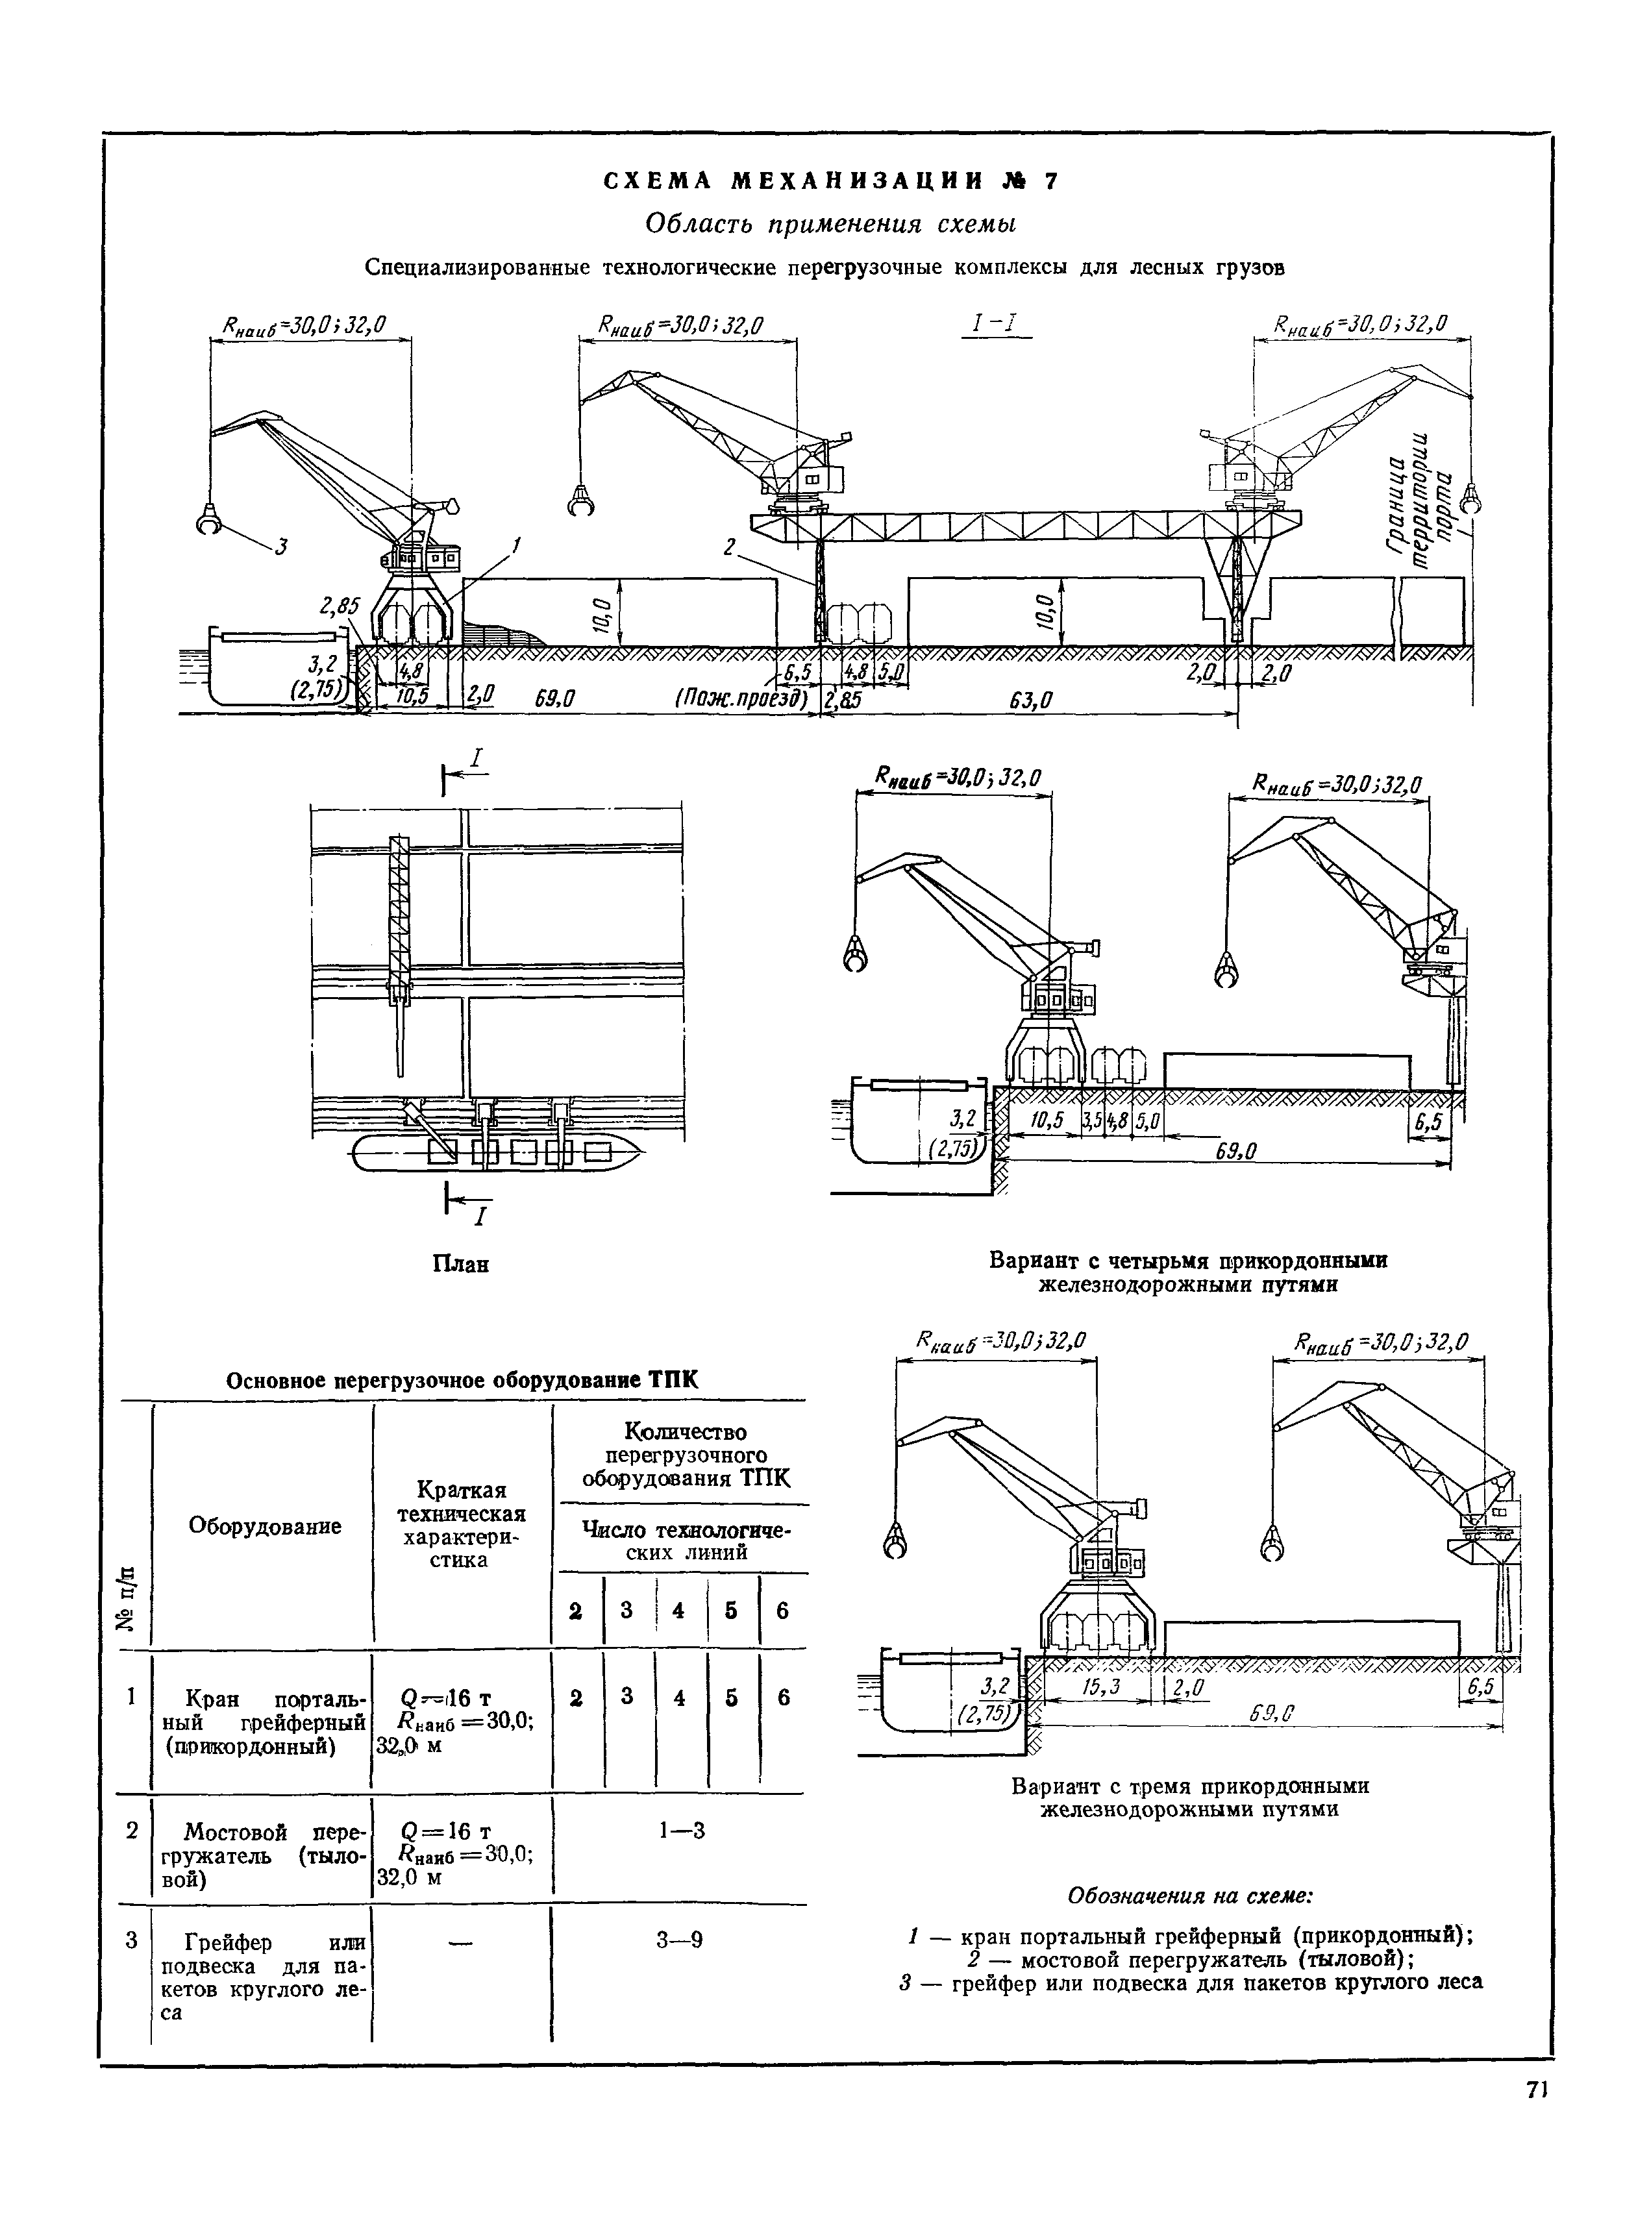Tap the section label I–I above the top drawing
point(996,325)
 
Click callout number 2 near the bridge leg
point(730,547)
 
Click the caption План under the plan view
point(460,1265)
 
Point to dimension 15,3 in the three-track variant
point(1101,1687)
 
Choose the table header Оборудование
point(264,1526)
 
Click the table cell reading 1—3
point(681,1830)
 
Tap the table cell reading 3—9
point(680,1940)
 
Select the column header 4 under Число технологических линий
point(679,1610)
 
